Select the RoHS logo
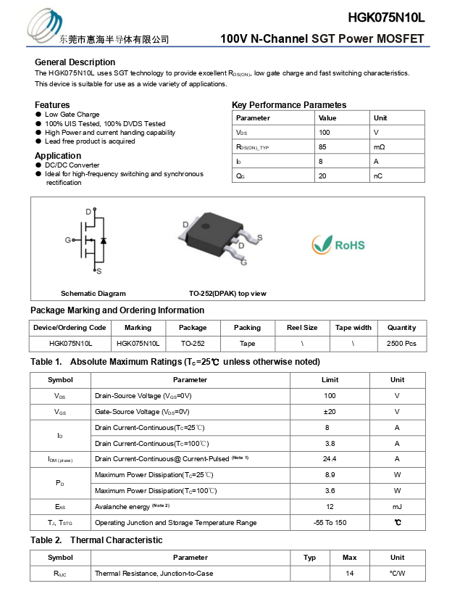pos(338,244)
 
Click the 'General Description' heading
pos(75,62)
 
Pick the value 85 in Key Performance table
pos(323,147)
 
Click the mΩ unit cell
pos(379,147)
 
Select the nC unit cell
pos(378,176)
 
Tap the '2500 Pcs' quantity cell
pos(401,343)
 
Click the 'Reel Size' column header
pos(301,328)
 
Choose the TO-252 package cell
pos(193,343)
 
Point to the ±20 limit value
pos(330,411)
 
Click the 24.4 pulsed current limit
pos(330,459)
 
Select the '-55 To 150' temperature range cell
pos(330,523)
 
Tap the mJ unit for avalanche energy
pos(397,507)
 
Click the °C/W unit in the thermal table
pos(397,574)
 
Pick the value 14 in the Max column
pos(349,574)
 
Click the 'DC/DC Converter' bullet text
pos(72,165)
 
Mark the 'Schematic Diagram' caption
pos(93,294)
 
